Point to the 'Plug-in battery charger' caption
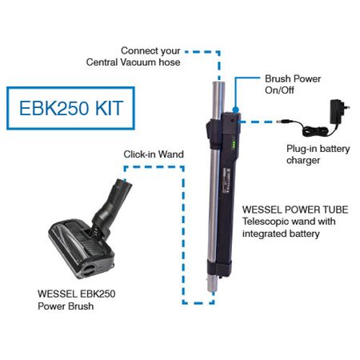pos(314,154)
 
